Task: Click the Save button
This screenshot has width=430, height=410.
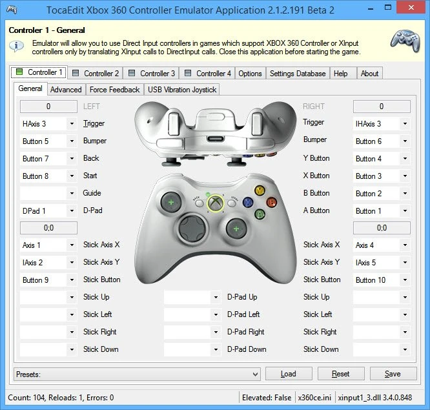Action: tap(393, 374)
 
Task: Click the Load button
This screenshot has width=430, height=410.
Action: tap(289, 374)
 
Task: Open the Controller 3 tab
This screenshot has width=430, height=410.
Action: tap(151, 74)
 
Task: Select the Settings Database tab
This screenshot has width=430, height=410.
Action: tap(298, 74)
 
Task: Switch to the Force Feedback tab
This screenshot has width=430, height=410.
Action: tap(115, 90)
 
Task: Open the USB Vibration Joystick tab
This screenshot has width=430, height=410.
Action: tap(182, 90)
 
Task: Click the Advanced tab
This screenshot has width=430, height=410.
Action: tap(66, 90)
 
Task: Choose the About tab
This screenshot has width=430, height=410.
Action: tap(369, 74)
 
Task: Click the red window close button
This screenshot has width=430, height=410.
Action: tap(411, 8)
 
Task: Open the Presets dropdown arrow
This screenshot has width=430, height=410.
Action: tap(255, 374)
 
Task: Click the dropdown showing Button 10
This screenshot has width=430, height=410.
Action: tap(382, 280)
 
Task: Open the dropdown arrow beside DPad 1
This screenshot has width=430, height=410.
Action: tap(72, 211)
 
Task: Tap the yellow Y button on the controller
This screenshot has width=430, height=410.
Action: tap(260, 190)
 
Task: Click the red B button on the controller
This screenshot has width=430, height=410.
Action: tap(271, 202)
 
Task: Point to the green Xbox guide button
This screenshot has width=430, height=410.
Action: tap(216, 203)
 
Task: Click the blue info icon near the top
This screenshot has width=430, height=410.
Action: tap(16, 46)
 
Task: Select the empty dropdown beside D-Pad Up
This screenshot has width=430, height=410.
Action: tap(192, 297)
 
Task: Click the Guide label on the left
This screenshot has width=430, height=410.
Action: tap(92, 193)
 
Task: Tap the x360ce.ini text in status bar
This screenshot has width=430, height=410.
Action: tap(314, 398)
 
